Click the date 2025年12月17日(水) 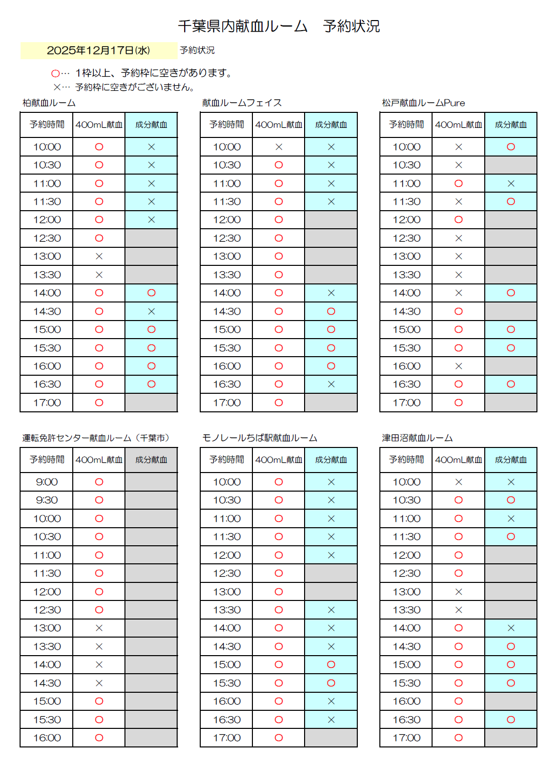click(x=98, y=50)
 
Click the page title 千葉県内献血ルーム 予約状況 click(x=279, y=26)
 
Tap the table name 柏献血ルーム click(x=49, y=103)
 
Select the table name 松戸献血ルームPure click(x=423, y=103)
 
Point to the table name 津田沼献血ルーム click(x=417, y=438)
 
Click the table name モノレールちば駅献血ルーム click(x=259, y=438)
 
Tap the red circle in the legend click(x=55, y=74)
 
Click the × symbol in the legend click(x=57, y=87)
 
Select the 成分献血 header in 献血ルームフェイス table click(x=331, y=125)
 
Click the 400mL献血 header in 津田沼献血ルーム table click(x=458, y=460)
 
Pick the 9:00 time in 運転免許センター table click(x=47, y=482)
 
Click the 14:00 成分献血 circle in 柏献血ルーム click(x=151, y=293)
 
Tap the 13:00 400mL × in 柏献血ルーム click(x=99, y=256)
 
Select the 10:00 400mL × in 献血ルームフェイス click(x=279, y=147)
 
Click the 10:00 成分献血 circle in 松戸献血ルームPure click(x=510, y=147)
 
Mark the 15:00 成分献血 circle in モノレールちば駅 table click(x=331, y=665)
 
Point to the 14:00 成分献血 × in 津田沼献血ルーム click(x=510, y=628)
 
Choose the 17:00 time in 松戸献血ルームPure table click(x=406, y=403)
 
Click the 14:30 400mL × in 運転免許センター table click(x=99, y=683)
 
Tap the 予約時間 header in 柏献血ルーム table click(x=47, y=125)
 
